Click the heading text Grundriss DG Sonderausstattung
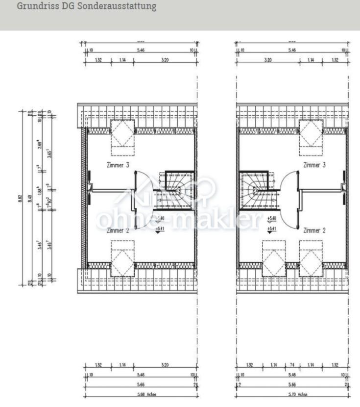(x=87, y=7)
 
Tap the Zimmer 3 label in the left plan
(x=118, y=165)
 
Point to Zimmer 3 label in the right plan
(x=314, y=165)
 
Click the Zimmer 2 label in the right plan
(x=314, y=230)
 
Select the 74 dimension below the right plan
(x=293, y=365)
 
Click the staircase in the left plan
(x=177, y=189)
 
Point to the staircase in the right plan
(x=256, y=189)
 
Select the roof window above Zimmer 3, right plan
(x=311, y=133)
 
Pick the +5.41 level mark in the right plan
(x=272, y=229)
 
